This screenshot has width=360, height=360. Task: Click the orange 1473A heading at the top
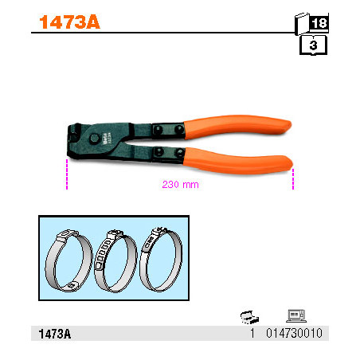point(69,22)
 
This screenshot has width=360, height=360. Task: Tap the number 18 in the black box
point(319,23)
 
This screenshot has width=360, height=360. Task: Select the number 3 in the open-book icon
point(313,45)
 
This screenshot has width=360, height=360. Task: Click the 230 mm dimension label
point(180,185)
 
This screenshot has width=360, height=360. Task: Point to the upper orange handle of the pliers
point(237,126)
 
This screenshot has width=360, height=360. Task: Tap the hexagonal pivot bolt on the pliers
point(95,139)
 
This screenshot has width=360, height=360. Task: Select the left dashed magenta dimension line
point(67,174)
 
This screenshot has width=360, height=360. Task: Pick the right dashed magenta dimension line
point(293,179)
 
